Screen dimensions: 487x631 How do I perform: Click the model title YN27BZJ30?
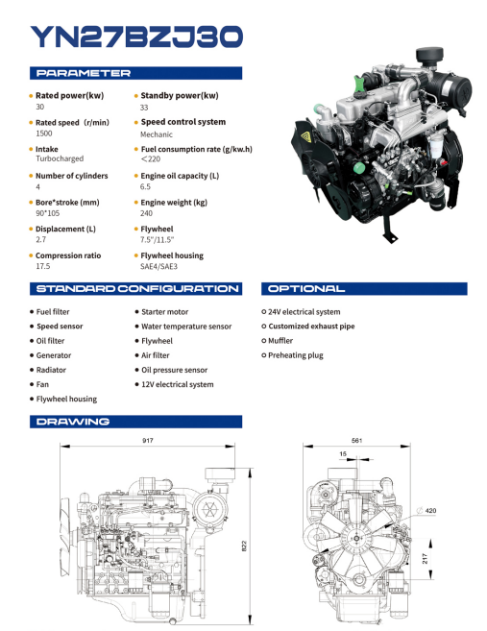pos(136,36)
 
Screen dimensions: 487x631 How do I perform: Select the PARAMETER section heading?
pos(84,73)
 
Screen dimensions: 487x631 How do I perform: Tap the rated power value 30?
pos(39,107)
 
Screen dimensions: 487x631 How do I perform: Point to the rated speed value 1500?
pos(44,133)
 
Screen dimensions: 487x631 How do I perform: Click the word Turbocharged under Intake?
pos(60,158)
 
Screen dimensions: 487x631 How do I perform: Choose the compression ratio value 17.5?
pos(42,266)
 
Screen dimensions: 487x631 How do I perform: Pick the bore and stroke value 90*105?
pos(47,213)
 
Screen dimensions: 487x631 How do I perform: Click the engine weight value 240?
pos(146,213)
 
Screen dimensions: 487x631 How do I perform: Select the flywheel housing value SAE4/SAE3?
pos(158,266)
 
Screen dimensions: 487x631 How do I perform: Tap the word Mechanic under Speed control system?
pos(157,134)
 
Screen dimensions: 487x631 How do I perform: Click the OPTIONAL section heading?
pos(306,288)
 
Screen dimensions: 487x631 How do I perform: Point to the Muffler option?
pos(280,340)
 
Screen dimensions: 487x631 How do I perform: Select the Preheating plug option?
pos(296,355)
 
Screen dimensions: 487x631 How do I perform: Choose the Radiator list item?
pos(51,370)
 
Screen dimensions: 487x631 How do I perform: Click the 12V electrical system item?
pos(178,384)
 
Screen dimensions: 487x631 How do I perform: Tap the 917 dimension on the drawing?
pos(148,440)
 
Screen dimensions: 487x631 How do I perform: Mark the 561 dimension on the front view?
pos(356,440)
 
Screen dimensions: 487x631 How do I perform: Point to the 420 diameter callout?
pos(426,510)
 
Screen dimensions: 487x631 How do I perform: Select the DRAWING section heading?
pos(73,422)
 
